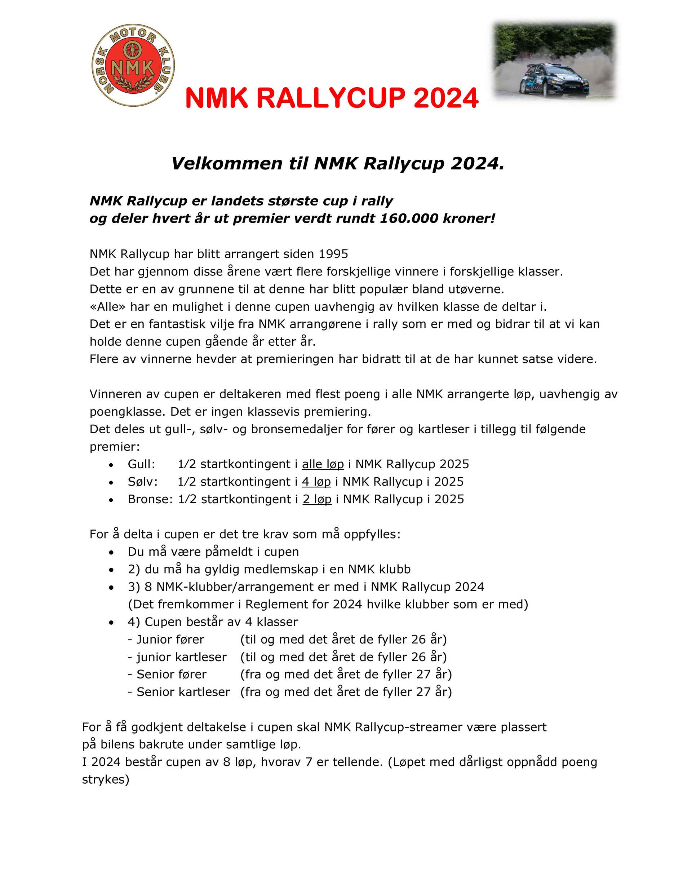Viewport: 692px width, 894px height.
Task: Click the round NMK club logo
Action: pyautogui.click(x=133, y=65)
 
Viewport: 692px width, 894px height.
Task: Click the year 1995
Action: pyautogui.click(x=333, y=254)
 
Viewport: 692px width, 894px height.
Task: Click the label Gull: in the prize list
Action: pyautogui.click(x=141, y=464)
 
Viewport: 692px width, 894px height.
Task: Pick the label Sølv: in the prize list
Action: pyautogui.click(x=142, y=482)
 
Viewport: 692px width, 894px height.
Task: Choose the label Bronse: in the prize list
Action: pyautogui.click(x=150, y=499)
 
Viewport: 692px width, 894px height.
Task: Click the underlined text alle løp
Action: pyautogui.click(x=323, y=464)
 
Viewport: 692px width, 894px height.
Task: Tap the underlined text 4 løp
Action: pyautogui.click(x=316, y=482)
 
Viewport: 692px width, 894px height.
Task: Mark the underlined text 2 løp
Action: pyautogui.click(x=317, y=499)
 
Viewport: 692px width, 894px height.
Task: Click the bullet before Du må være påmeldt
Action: pyautogui.click(x=111, y=552)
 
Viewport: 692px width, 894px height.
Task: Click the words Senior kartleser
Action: pyautogui.click(x=183, y=692)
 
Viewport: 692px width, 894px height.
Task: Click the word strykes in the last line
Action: pyautogui.click(x=105, y=779)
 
